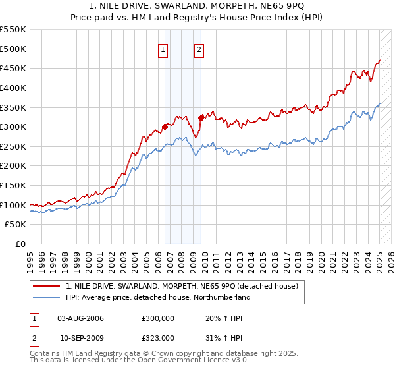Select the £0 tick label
click(x=20, y=244)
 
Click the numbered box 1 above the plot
click(x=163, y=48)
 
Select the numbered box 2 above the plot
click(x=199, y=48)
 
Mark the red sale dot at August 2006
click(x=165, y=127)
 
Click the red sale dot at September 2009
click(x=200, y=118)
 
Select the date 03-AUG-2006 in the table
click(x=81, y=318)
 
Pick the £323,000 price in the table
click(x=157, y=337)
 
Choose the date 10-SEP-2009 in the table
click(x=81, y=337)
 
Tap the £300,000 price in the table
click(x=157, y=318)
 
